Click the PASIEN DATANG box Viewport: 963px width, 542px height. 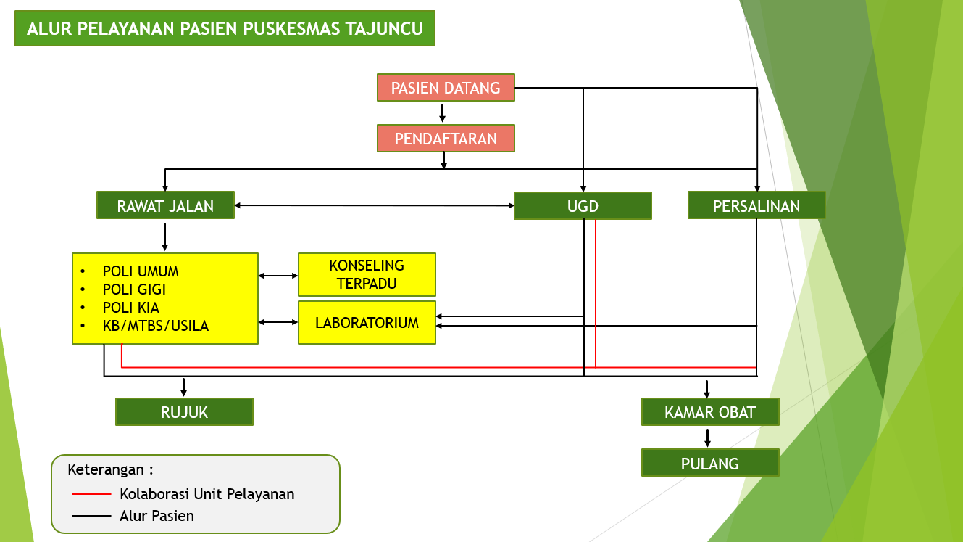(x=446, y=87)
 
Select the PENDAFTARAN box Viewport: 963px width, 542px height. (x=446, y=138)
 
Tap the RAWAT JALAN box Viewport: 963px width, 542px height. (x=165, y=205)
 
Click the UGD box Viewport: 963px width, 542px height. (x=583, y=206)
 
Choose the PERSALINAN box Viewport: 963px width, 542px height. (x=756, y=205)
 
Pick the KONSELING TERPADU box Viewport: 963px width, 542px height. (x=367, y=275)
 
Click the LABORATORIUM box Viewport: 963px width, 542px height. (x=367, y=322)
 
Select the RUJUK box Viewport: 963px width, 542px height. (x=185, y=412)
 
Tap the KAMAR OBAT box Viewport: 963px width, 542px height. (x=710, y=412)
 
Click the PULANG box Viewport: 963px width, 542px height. (x=710, y=463)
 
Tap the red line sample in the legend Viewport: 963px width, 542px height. (x=91, y=494)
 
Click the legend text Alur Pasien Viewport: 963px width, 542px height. (x=157, y=516)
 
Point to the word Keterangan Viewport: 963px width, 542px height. (x=106, y=469)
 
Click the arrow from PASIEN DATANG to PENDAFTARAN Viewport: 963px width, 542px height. (x=443, y=112)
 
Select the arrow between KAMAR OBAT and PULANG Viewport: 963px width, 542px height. (x=708, y=438)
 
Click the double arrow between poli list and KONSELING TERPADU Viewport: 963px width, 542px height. (x=278, y=276)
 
